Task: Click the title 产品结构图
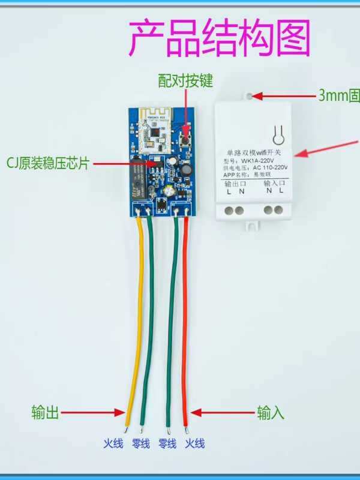(221, 37)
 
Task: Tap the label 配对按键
(185, 80)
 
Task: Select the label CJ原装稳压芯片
(47, 163)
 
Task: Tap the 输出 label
(46, 413)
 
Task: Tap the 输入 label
(271, 413)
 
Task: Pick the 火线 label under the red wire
(194, 444)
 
